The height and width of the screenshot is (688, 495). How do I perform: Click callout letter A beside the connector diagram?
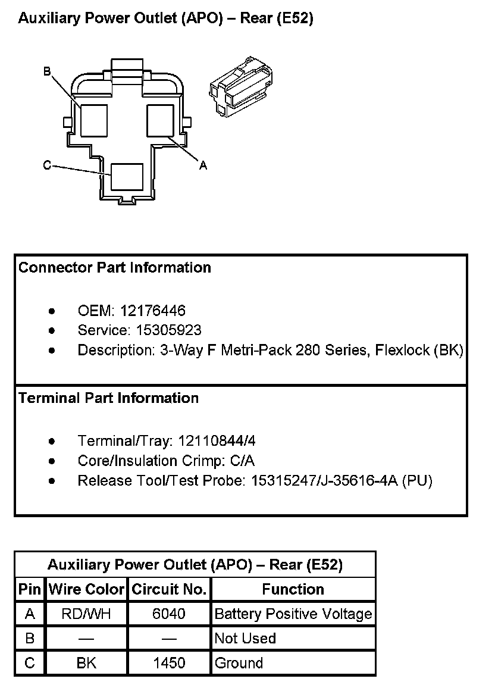[x=203, y=166]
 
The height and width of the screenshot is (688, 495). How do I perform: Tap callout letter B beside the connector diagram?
[x=47, y=71]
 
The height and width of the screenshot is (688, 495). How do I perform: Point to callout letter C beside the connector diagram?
[x=47, y=165]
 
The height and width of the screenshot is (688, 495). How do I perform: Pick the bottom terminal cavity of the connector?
[x=127, y=177]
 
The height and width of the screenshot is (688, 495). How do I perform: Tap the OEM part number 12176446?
[x=152, y=311]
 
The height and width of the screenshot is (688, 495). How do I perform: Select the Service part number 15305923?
[x=168, y=330]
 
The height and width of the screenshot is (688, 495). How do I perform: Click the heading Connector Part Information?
[x=115, y=268]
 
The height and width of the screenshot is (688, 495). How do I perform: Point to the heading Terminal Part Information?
[x=108, y=398]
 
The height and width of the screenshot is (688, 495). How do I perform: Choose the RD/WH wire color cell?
[x=86, y=614]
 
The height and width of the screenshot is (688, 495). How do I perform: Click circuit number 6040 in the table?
[x=169, y=614]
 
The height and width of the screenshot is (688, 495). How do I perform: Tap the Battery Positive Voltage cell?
[x=293, y=614]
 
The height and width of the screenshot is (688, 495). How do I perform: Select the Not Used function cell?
[x=245, y=639]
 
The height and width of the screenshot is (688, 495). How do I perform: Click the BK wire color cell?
[x=86, y=663]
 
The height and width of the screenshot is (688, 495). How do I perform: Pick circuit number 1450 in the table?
[x=169, y=663]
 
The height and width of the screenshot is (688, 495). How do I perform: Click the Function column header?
[x=293, y=589]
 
